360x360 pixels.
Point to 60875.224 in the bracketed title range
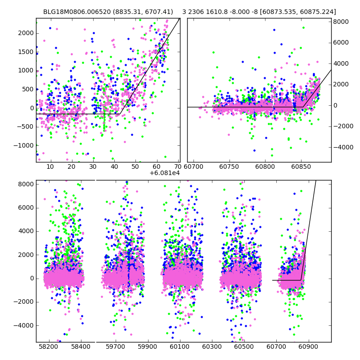click(319, 12)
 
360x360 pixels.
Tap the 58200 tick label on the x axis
click(49, 347)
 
